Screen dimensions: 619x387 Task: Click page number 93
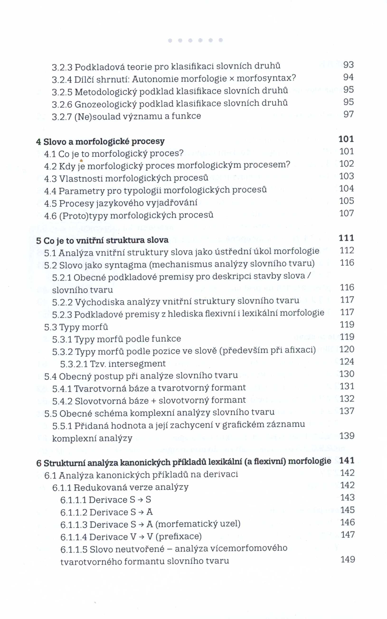click(x=348, y=65)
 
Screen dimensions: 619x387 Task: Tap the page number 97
click(x=348, y=114)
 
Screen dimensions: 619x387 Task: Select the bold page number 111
click(x=346, y=238)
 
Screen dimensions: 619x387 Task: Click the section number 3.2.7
click(x=61, y=117)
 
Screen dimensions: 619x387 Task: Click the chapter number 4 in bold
click(x=39, y=142)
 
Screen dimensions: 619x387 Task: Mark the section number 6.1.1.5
click(x=74, y=549)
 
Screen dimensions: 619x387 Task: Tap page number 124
click(x=347, y=362)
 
